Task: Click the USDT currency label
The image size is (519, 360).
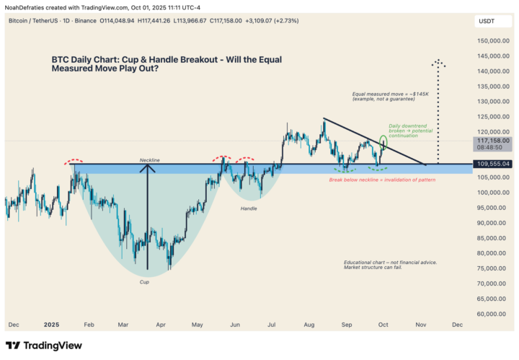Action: tap(487, 22)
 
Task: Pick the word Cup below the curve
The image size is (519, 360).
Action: tap(145, 282)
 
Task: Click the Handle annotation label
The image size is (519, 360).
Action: tap(249, 208)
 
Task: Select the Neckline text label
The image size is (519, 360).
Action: tap(149, 159)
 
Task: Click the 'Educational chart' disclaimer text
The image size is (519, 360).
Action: tap(390, 265)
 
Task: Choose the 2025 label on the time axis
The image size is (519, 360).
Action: tap(50, 325)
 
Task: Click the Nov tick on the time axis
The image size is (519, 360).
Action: tap(420, 325)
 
